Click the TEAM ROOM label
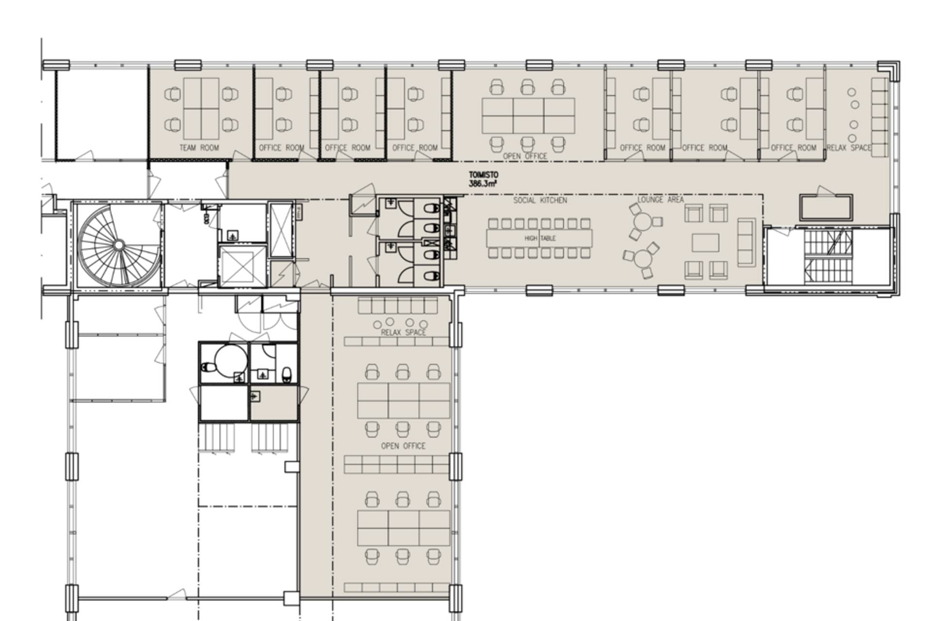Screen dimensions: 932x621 [x=199, y=147]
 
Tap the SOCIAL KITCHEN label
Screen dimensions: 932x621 [x=540, y=200]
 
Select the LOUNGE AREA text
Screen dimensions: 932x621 [x=661, y=199]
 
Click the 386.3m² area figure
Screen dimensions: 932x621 [x=483, y=184]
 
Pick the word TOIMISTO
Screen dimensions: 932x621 [x=483, y=175]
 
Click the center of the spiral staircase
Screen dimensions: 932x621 [x=118, y=245]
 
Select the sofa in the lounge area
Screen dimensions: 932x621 [x=747, y=242]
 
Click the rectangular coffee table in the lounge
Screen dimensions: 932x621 [x=705, y=243]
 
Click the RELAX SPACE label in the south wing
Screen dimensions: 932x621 [x=403, y=332]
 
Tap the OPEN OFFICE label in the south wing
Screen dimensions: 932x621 [x=403, y=446]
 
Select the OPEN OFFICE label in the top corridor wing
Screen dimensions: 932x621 [x=525, y=156]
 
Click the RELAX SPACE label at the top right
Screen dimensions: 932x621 [x=849, y=147]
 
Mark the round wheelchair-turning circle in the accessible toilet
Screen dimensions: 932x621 [x=232, y=360]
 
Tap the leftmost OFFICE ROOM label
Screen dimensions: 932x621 [x=282, y=147]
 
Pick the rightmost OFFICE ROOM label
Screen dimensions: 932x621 [x=794, y=147]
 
